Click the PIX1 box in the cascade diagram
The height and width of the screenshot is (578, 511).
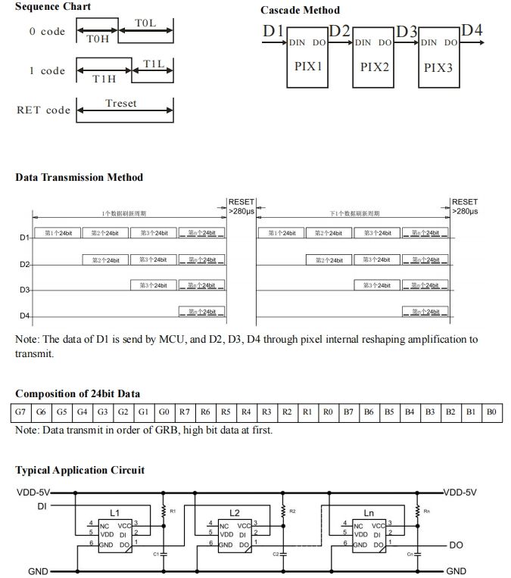pyautogui.click(x=308, y=67)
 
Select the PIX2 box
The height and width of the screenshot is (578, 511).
pyautogui.click(x=374, y=67)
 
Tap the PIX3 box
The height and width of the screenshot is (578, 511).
pyautogui.click(x=438, y=67)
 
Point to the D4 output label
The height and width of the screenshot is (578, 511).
pyautogui.click(x=472, y=31)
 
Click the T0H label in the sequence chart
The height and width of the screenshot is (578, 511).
pyautogui.click(x=96, y=39)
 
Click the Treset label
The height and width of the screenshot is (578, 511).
pyautogui.click(x=121, y=103)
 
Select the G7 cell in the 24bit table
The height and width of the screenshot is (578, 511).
pyautogui.click(x=20, y=413)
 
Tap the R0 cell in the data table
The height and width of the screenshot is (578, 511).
pyautogui.click(x=326, y=413)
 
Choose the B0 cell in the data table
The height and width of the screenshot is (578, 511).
pyautogui.click(x=491, y=413)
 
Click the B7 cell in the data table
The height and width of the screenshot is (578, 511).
pyautogui.click(x=347, y=413)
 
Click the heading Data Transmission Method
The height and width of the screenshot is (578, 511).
pyautogui.click(x=79, y=177)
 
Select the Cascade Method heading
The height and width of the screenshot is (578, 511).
pyautogui.click(x=300, y=10)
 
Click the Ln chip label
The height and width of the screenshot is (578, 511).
pyautogui.click(x=369, y=512)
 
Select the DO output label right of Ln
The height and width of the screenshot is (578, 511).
pyautogui.click(x=456, y=545)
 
